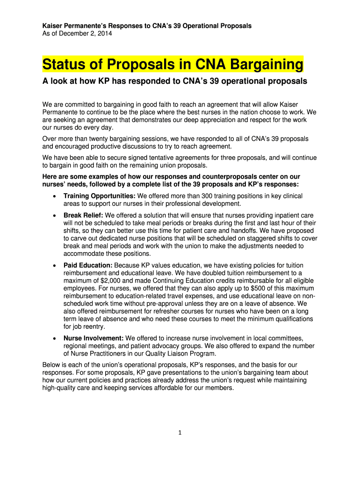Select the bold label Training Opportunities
tap(99, 196)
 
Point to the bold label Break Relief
tap(83, 215)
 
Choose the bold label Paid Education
tap(87, 265)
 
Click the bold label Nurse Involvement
tap(94, 338)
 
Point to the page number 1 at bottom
tap(180, 432)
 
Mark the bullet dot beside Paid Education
tap(54, 266)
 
